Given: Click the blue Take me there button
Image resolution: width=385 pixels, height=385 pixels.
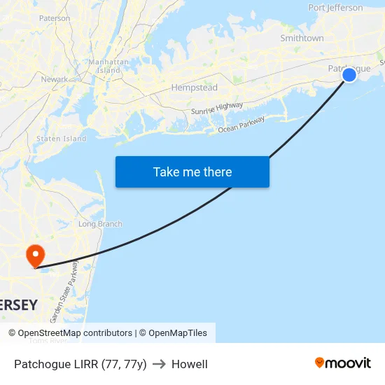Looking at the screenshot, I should coord(192,172).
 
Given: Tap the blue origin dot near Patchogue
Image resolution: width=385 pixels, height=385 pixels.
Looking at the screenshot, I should coord(349,74).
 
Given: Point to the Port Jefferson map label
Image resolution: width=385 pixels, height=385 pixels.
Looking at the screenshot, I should coord(335,8).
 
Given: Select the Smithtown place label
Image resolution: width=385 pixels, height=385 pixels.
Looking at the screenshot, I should coord(302,38).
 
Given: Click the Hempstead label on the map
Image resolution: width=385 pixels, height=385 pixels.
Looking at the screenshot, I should coord(194,88).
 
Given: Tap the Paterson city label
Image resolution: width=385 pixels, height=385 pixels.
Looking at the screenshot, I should coord(55,18).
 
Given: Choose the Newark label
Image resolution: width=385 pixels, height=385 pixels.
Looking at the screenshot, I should coord(55,80).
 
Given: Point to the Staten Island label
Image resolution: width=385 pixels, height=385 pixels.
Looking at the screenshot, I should coord(61,139).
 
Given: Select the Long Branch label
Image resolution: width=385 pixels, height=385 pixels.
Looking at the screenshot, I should coord(100,224).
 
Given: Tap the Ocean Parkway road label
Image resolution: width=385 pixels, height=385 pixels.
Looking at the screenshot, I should coord(241,125).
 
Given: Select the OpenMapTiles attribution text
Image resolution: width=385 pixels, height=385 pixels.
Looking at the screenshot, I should coord(178,333).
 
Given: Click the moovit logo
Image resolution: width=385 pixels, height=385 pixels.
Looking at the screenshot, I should coord(343,363).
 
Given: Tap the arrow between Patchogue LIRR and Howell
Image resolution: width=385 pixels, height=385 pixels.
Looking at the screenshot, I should coord(159,364).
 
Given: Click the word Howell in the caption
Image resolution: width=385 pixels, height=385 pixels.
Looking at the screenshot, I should coord(190,364).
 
